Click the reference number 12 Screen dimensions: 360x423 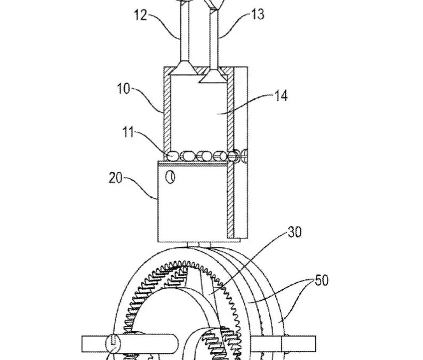(x=141, y=16)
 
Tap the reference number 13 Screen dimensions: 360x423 (x=257, y=14)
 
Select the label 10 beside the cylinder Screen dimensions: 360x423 (x=124, y=89)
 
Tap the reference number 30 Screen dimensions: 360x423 (x=294, y=233)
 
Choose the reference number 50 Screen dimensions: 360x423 (x=321, y=281)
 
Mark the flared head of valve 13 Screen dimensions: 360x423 (x=213, y=77)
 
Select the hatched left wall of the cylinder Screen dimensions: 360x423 (x=165, y=112)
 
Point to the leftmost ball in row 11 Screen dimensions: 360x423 (x=173, y=156)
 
